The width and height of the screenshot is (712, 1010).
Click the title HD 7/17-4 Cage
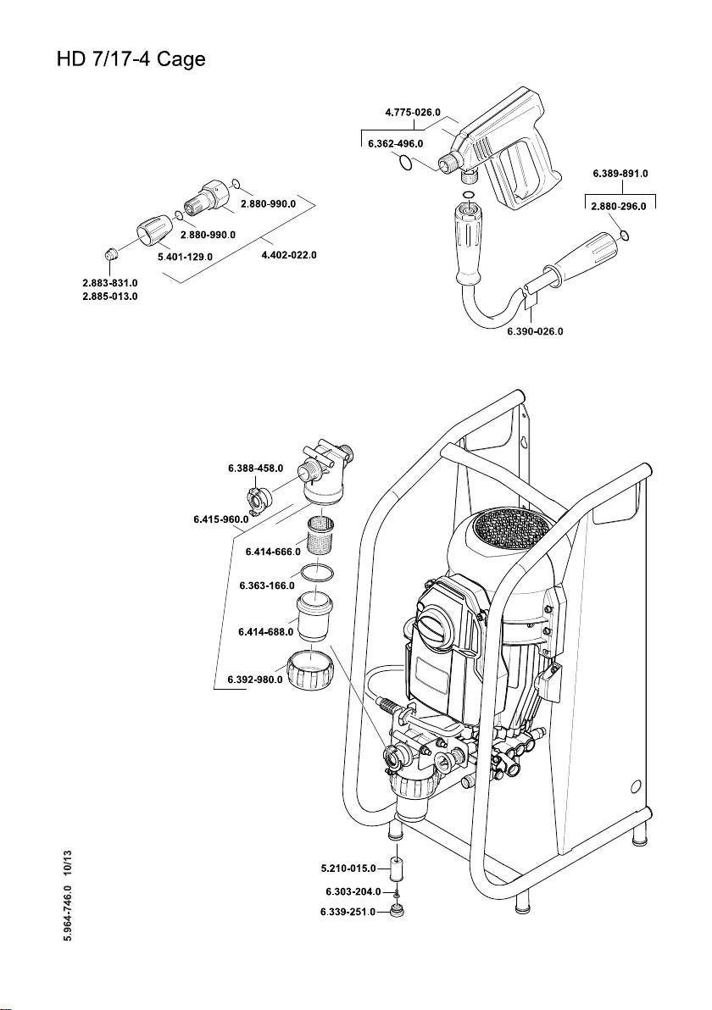point(131,62)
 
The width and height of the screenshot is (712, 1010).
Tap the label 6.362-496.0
point(396,145)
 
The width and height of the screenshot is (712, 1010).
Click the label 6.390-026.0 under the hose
point(535,331)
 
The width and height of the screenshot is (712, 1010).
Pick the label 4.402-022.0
point(288,256)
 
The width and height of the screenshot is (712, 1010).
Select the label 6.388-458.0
point(256,468)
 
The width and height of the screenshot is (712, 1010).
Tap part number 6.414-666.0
point(273,552)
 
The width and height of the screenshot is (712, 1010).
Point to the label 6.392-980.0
point(255,679)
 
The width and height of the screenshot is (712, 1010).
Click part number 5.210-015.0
point(348,868)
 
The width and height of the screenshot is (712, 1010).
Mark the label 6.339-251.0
point(347,912)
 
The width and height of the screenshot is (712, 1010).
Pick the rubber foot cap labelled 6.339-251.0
point(395,912)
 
